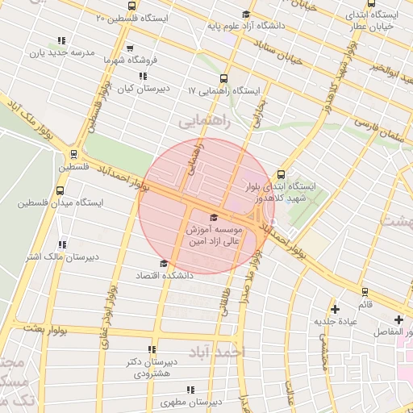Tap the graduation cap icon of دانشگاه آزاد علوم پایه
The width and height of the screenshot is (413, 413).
click(245, 14)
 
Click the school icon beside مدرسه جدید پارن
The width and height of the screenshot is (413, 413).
click(61, 41)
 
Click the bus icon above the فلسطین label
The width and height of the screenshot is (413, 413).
click(73, 154)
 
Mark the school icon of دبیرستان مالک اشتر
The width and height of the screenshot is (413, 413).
click(62, 244)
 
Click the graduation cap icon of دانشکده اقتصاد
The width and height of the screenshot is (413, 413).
click(165, 263)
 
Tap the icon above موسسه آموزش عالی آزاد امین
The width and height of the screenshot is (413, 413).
click(213, 217)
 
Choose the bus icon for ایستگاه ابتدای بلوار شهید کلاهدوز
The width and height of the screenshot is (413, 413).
click(281, 173)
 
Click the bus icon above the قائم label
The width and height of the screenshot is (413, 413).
click(365, 292)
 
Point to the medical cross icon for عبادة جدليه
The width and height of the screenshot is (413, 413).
click(336, 309)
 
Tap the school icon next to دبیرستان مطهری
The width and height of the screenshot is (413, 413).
click(190, 390)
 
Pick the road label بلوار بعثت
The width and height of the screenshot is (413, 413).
click(44, 328)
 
